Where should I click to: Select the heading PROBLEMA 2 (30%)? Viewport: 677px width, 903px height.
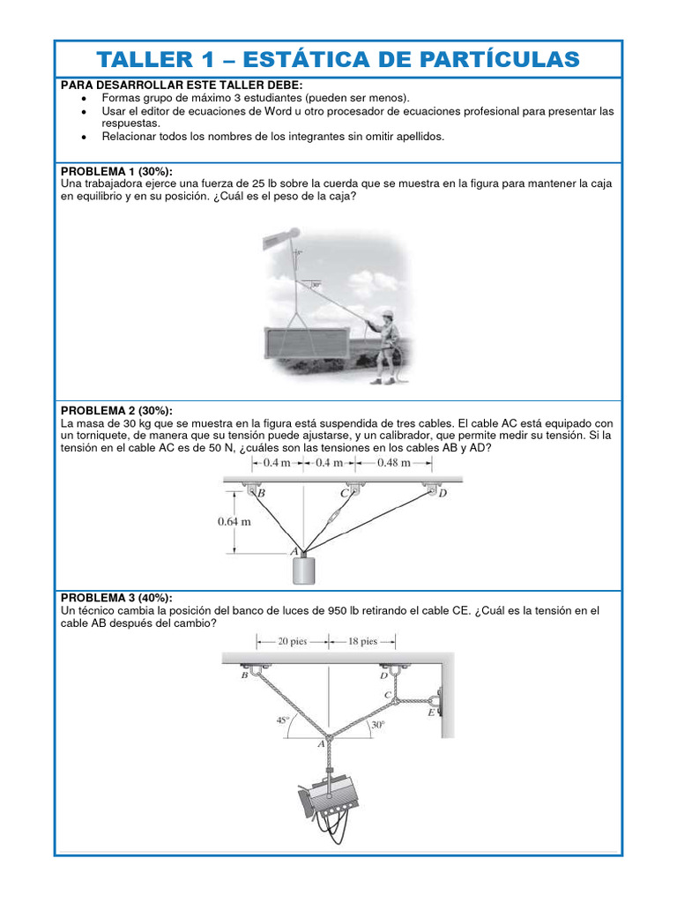point(116,410)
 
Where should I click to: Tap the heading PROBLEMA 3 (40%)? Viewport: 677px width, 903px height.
point(116,597)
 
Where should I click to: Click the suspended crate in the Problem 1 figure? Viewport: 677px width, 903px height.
point(311,342)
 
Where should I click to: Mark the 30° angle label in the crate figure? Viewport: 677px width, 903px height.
point(315,286)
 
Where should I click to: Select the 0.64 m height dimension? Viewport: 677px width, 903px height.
point(234,521)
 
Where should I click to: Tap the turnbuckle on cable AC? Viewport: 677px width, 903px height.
point(335,519)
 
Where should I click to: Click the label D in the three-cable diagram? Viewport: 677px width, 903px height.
point(443,494)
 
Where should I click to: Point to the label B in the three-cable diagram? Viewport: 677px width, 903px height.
point(261,495)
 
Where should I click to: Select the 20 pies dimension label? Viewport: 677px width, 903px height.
point(292,641)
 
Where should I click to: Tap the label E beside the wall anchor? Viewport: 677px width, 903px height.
point(431,713)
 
